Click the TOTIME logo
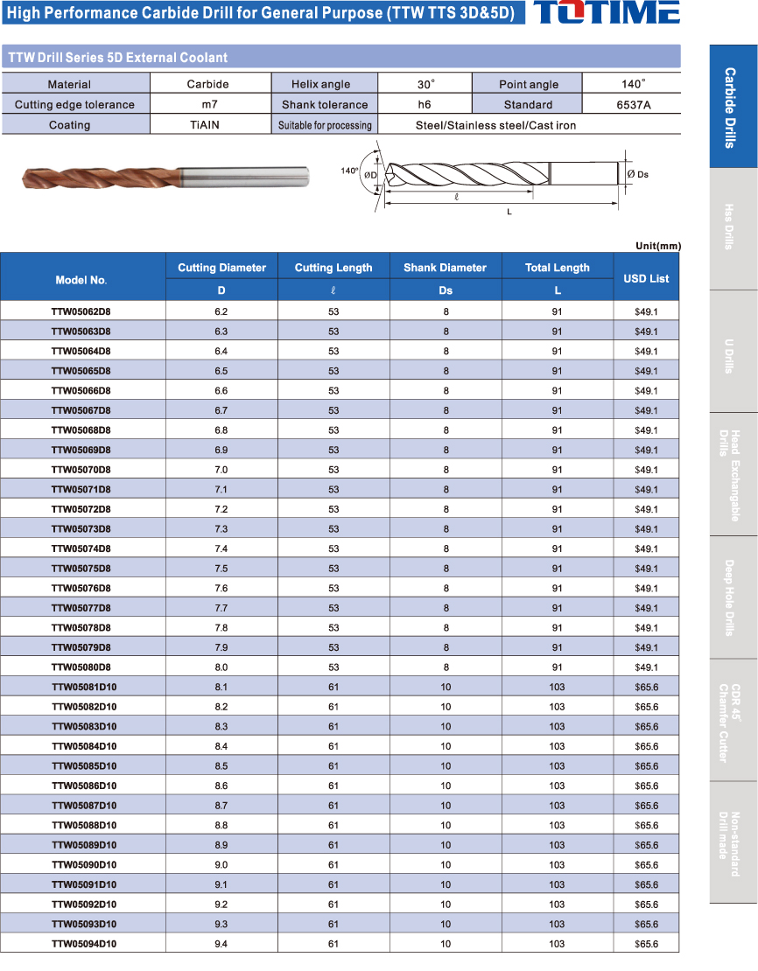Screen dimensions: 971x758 coord(606,12)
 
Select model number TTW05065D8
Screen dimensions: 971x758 coord(81,371)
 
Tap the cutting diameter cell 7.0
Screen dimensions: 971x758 coord(221,470)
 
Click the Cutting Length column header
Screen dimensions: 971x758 coord(333,268)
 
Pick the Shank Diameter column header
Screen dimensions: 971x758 coord(446,268)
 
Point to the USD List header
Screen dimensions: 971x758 coord(646,278)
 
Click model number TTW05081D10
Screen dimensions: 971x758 coord(84,687)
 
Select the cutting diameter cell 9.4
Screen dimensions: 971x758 coord(221,944)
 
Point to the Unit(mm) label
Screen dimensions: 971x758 coord(657,246)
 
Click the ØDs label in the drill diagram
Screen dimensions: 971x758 coord(638,174)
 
